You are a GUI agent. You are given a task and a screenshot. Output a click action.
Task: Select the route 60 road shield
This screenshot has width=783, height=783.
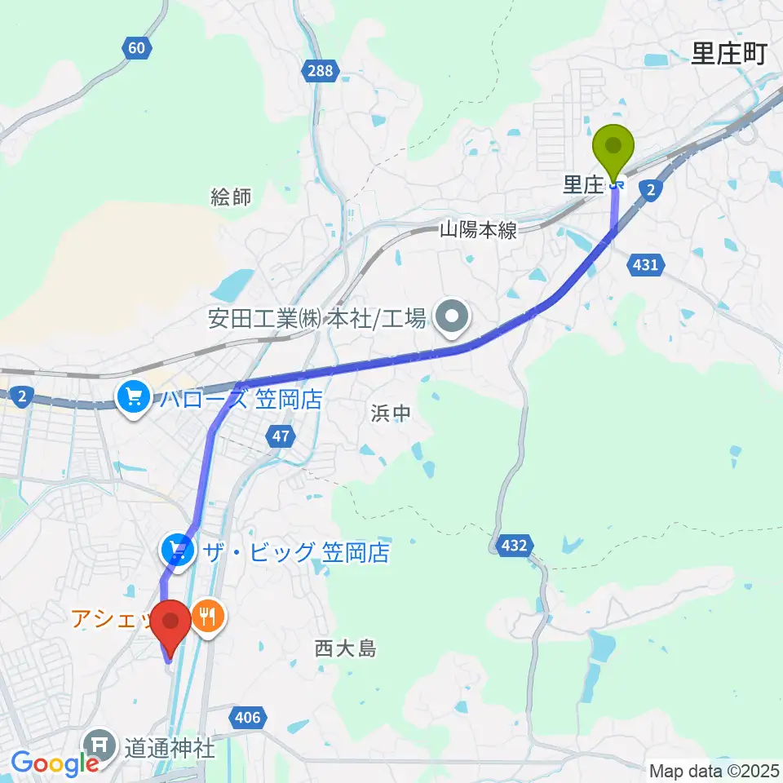pyautogui.click(x=137, y=48)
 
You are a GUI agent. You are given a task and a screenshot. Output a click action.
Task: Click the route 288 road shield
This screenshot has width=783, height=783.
pyautogui.click(x=321, y=70)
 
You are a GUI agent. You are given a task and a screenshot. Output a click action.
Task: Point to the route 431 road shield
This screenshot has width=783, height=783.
pyautogui.click(x=646, y=264)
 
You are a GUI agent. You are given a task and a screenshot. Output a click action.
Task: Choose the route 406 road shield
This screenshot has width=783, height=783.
pyautogui.click(x=250, y=718)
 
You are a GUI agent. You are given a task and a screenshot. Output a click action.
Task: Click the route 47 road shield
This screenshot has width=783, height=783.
pyautogui.click(x=281, y=437)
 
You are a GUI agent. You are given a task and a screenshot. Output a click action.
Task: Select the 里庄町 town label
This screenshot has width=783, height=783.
pyautogui.click(x=729, y=55)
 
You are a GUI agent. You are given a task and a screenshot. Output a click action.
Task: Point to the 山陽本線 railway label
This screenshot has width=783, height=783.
pyautogui.click(x=478, y=231)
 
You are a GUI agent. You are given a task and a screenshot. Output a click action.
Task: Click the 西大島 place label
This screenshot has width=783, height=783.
pyautogui.click(x=345, y=649)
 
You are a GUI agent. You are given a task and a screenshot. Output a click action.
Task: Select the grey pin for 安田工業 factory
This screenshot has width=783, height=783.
pyautogui.click(x=451, y=317)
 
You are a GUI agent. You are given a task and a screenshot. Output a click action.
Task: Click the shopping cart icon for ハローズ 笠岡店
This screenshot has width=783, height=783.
pyautogui.click(x=133, y=398)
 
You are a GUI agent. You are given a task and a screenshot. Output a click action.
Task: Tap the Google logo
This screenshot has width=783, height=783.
pyautogui.click(x=55, y=763)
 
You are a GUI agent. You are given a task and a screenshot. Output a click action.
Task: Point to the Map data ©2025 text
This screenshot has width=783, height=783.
pyautogui.click(x=714, y=770)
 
